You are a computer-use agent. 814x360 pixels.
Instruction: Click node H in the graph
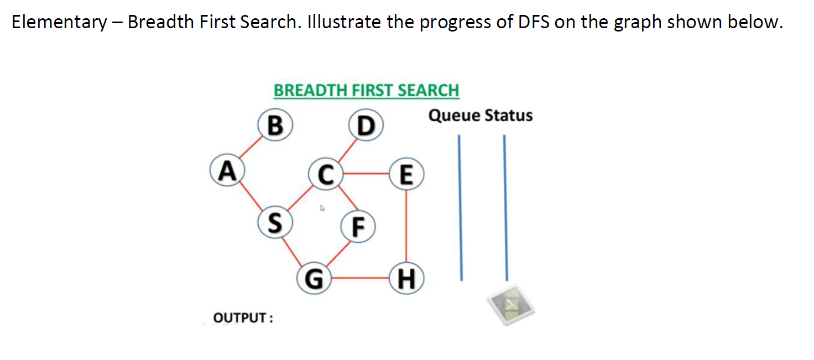[406, 278]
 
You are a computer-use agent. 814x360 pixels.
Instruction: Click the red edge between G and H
[360, 278]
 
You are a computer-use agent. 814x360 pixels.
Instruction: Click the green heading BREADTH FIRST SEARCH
[366, 90]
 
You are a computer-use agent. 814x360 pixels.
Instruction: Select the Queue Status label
[481, 116]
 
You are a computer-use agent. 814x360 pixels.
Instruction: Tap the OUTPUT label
[243, 319]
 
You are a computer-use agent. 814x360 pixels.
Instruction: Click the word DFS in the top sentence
[534, 22]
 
